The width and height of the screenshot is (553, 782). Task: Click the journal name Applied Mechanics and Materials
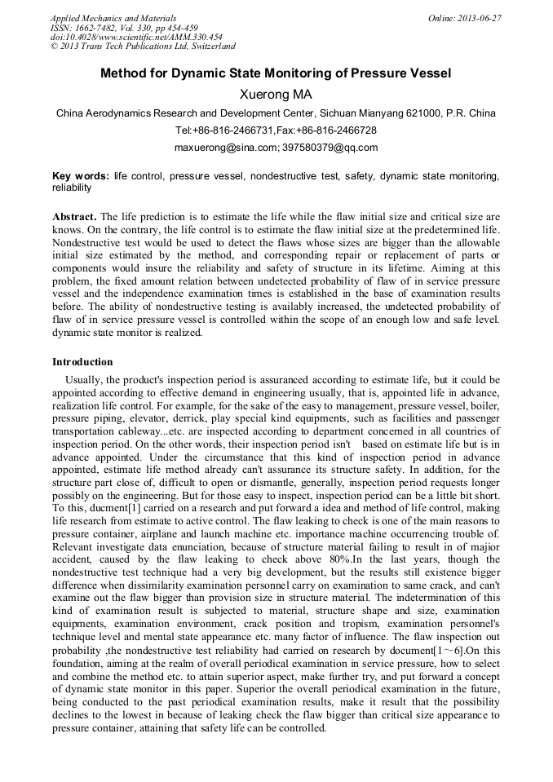pyautogui.click(x=113, y=18)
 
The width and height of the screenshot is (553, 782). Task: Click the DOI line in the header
pyautogui.click(x=136, y=37)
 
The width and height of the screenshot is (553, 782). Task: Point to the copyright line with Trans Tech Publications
pyautogui.click(x=143, y=46)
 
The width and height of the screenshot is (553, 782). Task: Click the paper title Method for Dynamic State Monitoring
pyautogui.click(x=276, y=74)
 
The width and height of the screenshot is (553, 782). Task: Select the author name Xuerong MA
pyautogui.click(x=276, y=95)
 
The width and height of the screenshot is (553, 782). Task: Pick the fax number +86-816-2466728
pyautogui.click(x=338, y=130)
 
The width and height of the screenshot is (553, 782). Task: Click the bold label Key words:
pyautogui.click(x=80, y=176)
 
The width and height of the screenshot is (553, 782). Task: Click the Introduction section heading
pyautogui.click(x=82, y=362)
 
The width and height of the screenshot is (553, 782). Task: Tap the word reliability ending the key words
pyautogui.click(x=72, y=188)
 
